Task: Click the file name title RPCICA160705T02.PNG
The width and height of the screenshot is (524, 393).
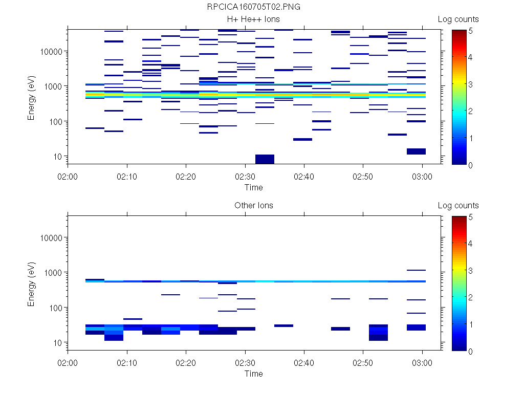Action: pyautogui.click(x=254, y=7)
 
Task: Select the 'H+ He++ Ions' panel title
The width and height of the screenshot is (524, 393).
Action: pyautogui.click(x=254, y=19)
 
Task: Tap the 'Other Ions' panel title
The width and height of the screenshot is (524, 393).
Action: pyautogui.click(x=254, y=206)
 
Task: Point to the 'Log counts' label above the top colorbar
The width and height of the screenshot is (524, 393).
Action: pyautogui.click(x=458, y=19)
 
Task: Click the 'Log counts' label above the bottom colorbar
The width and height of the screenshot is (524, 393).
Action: pyautogui.click(x=458, y=206)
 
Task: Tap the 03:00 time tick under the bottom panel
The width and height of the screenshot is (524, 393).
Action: pyautogui.click(x=422, y=362)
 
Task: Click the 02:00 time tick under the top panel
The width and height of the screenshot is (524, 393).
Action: pyautogui.click(x=68, y=176)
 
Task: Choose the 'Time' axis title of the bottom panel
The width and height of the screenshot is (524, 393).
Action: pyautogui.click(x=254, y=374)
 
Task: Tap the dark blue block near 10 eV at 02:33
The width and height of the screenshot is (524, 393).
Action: pyautogui.click(x=265, y=159)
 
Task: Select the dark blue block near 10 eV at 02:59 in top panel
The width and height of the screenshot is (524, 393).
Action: pyautogui.click(x=416, y=151)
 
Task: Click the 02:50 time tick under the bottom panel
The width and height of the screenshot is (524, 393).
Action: pyautogui.click(x=363, y=362)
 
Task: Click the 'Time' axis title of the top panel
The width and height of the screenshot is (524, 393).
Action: pyautogui.click(x=254, y=187)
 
